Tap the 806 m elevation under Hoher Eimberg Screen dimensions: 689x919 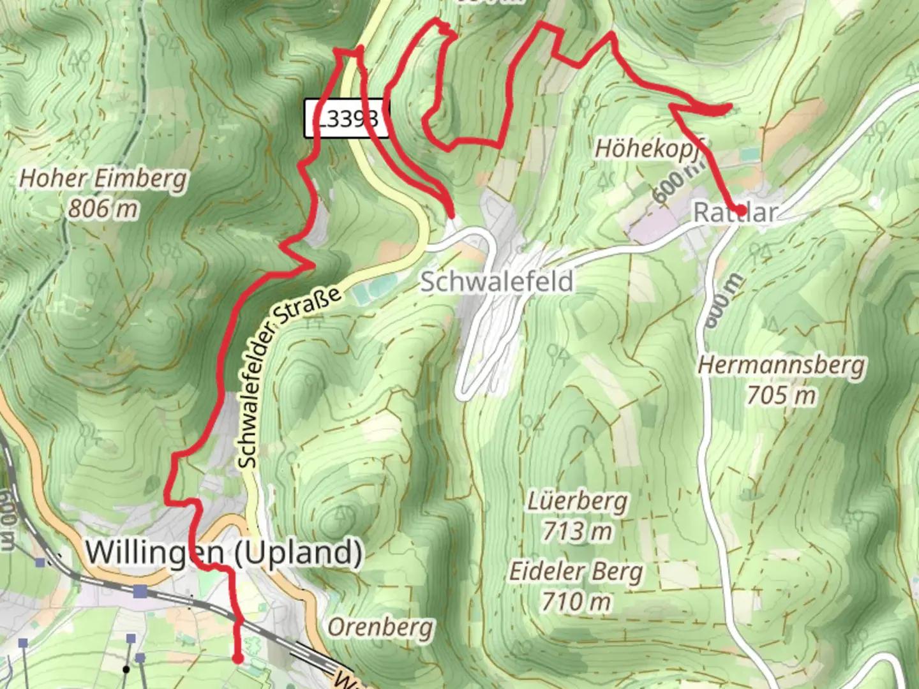(103, 209)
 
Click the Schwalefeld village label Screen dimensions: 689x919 (497, 281)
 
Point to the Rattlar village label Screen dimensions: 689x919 (735, 212)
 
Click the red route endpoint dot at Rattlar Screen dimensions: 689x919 (740, 209)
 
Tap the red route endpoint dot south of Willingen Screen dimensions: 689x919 (238, 658)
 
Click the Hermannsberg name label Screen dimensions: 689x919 (782, 366)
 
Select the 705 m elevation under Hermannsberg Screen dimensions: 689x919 (782, 396)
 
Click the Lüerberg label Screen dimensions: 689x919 (577, 501)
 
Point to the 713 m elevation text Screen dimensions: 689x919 (577, 531)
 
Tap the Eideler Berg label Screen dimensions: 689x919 (576, 572)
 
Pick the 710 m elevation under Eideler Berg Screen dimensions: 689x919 (576, 601)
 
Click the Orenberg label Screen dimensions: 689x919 (380, 628)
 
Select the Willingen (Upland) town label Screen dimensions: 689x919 (223, 552)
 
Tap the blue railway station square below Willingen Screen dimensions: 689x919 (140, 591)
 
